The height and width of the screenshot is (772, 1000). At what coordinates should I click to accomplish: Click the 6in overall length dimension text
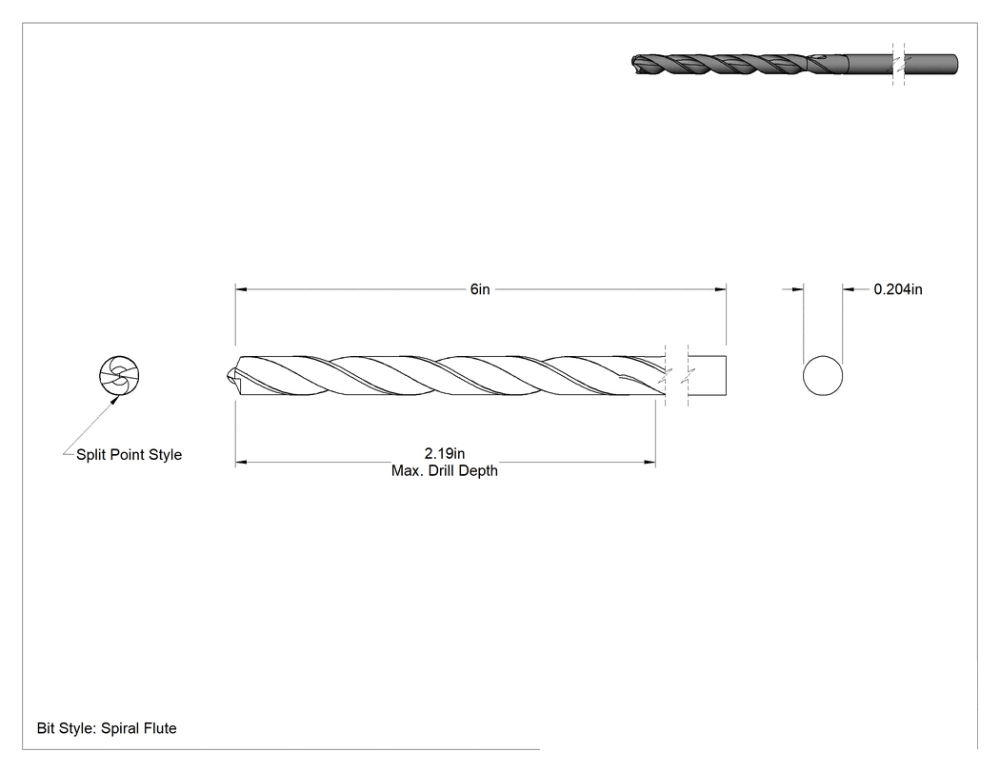(x=480, y=289)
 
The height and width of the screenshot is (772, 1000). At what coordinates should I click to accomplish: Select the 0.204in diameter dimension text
(x=898, y=289)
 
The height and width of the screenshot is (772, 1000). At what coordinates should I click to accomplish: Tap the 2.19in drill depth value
(x=445, y=453)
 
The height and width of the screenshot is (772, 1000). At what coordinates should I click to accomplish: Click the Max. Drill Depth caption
(x=445, y=470)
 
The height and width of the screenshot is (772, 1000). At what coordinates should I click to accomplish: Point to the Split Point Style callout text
(x=129, y=454)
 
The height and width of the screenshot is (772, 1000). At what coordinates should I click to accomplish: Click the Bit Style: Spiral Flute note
(x=107, y=728)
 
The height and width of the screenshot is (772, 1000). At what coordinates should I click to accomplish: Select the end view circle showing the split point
(x=119, y=375)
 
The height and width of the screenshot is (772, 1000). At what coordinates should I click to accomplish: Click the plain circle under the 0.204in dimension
(x=823, y=375)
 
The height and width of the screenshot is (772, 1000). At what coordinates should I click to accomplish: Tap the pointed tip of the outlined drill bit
(x=228, y=376)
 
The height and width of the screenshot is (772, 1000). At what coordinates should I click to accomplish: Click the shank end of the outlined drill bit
(x=726, y=375)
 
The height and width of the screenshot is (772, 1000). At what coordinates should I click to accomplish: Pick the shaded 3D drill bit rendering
(x=794, y=65)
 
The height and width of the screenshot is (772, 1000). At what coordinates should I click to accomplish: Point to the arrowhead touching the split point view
(x=115, y=400)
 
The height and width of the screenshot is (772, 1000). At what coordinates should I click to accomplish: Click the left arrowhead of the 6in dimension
(x=241, y=289)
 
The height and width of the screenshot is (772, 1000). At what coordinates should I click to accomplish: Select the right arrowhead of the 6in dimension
(x=721, y=289)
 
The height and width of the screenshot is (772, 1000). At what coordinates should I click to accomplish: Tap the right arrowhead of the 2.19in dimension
(x=650, y=463)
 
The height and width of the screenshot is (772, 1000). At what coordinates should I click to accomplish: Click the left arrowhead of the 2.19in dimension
(x=241, y=463)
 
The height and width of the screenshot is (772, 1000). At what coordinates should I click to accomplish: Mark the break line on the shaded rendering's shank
(x=899, y=65)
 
